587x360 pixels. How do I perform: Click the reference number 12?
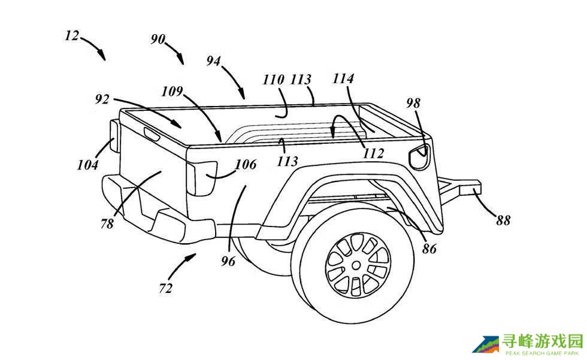click(72, 36)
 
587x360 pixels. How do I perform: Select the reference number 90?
click(158, 39)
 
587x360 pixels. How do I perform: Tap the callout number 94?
click(213, 60)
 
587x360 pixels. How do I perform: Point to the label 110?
click(273, 80)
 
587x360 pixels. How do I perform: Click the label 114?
click(343, 78)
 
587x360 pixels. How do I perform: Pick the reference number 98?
click(413, 103)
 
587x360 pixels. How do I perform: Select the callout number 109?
click(172, 91)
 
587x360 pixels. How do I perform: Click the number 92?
click(102, 99)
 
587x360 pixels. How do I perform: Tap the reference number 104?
click(87, 165)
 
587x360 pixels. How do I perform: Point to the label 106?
click(246, 164)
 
